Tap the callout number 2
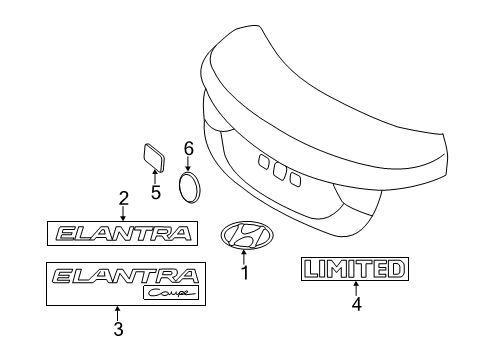pos(123,197)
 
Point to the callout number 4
pos(356,303)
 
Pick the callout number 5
pos(155,192)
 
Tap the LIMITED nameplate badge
pos(356,268)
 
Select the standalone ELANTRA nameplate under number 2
pos(123,234)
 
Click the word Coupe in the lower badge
pos(166,292)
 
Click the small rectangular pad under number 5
pos(154,156)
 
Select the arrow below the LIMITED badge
pos(356,288)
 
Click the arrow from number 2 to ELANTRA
pos(123,212)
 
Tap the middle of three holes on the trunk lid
pos(277,171)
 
